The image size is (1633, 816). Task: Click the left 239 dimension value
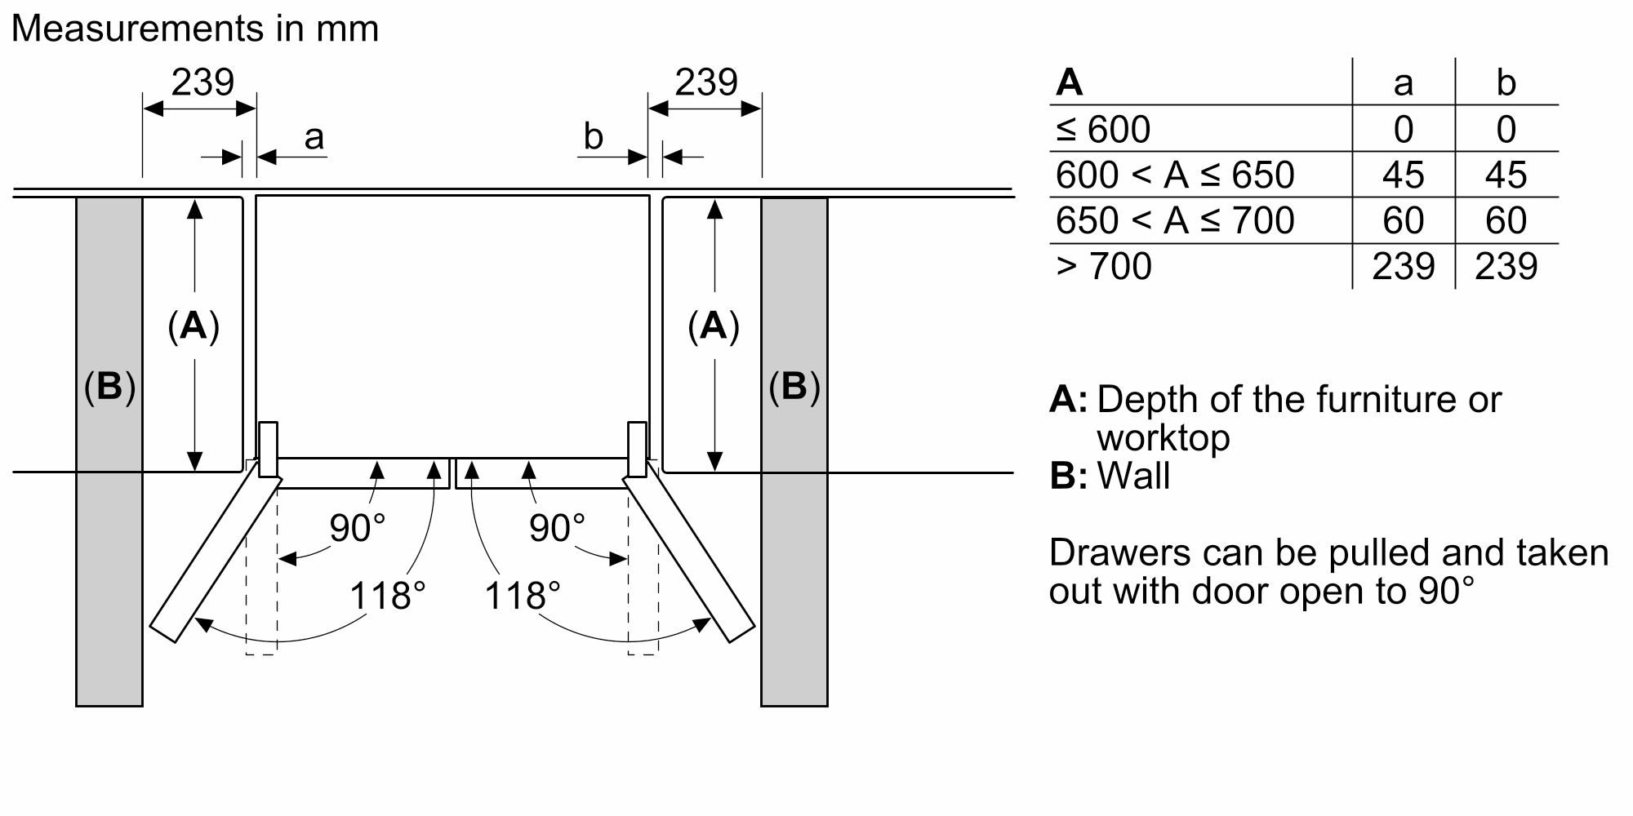[202, 82]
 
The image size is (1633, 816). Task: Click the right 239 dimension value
[706, 82]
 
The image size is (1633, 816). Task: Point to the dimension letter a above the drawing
[314, 137]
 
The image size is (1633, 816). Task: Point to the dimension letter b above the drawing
[594, 137]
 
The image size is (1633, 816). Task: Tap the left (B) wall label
[109, 387]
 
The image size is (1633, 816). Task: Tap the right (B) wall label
[794, 387]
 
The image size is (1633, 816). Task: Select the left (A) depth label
[194, 326]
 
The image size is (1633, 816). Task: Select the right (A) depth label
[714, 326]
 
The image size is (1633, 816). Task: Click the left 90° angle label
[357, 528]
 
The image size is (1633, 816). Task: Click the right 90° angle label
[557, 528]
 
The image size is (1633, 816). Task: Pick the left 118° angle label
[388, 596]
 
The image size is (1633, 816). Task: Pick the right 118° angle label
[523, 596]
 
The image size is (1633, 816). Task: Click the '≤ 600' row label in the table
[1103, 129]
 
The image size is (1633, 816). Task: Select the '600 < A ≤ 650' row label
[1175, 175]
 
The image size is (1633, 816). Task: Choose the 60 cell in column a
[1404, 220]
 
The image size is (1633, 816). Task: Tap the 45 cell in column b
[1506, 175]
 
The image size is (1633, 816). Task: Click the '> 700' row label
[1104, 266]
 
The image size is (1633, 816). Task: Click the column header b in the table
[1506, 83]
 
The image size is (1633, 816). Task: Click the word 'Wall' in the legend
[1133, 475]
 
